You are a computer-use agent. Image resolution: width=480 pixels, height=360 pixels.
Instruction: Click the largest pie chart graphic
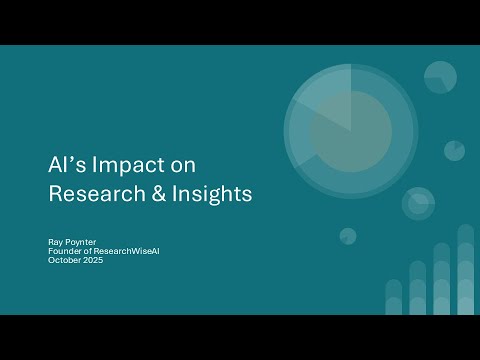pos(350,130)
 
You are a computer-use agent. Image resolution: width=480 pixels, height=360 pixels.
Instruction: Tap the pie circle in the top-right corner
pos(440,76)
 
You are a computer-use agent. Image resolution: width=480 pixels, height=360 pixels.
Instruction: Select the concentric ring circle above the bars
pos(418,203)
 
